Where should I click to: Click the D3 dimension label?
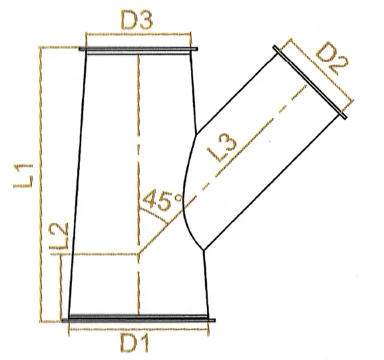(137, 20)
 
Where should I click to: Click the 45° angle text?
(163, 201)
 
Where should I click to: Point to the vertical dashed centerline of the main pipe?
(138, 133)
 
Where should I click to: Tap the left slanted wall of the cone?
(77, 186)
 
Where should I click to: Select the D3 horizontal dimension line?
(137, 33)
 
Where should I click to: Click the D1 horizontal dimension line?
(138, 329)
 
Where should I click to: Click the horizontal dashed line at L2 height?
(100, 254)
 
